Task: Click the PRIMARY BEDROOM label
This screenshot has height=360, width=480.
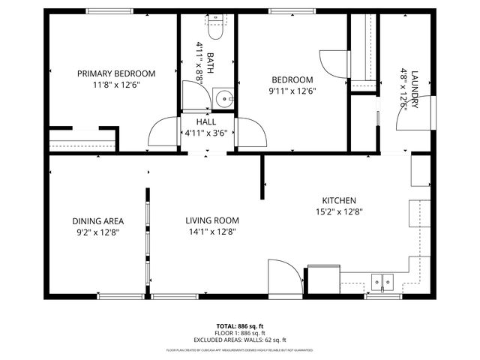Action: click(116, 73)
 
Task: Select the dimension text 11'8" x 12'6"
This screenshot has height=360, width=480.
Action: click(116, 85)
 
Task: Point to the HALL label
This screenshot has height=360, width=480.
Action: click(206, 121)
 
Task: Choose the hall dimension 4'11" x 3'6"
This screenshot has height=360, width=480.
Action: click(206, 132)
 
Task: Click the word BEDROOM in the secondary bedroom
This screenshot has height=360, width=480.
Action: click(292, 80)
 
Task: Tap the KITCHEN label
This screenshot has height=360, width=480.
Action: click(338, 200)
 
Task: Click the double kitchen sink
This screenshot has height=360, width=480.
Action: click(383, 282)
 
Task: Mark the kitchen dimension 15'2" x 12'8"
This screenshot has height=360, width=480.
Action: click(338, 211)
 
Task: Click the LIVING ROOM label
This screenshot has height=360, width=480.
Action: click(212, 220)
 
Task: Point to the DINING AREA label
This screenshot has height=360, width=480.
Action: click(97, 220)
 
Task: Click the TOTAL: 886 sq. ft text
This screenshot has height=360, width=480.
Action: click(239, 325)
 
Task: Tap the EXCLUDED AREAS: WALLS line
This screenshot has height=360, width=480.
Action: click(239, 340)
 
